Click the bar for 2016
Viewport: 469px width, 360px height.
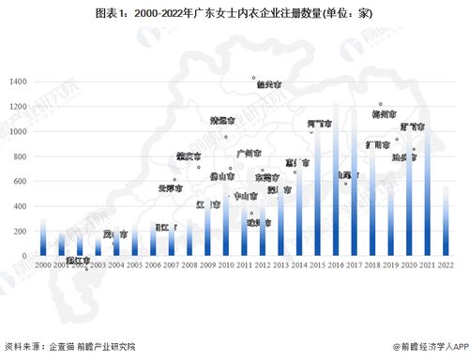tap(336, 187)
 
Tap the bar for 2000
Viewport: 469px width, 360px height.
tap(42, 238)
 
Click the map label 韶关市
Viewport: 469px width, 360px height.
tap(268, 84)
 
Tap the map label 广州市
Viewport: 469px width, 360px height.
tap(249, 152)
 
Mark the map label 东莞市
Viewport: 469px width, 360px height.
tap(267, 175)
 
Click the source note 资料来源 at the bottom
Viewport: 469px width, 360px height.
tap(70, 346)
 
